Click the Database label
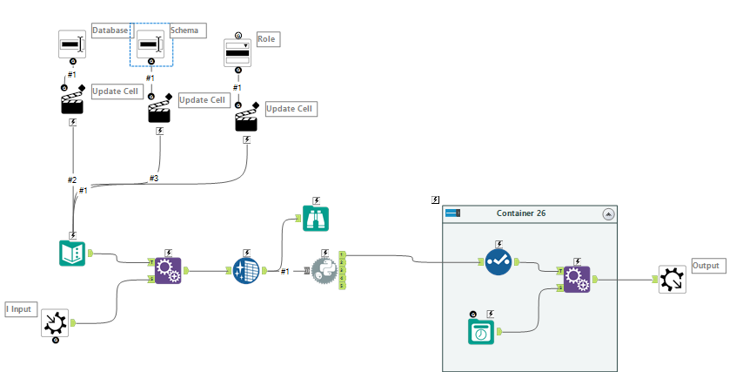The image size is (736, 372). coord(110,30)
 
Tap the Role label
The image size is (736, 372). coord(267,40)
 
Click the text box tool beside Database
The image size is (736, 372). coord(72,44)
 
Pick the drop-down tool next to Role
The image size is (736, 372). coord(238,52)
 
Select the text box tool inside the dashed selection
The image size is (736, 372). coord(151,44)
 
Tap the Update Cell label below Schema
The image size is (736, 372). coord(203,100)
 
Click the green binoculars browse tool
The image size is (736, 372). coord(315,218)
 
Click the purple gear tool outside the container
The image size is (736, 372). coord(168,271)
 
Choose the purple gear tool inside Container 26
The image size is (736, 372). coord(576,279)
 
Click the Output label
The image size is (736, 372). coord(706,264)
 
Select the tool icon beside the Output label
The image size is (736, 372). coord(672,280)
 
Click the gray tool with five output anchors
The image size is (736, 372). coord(325,271)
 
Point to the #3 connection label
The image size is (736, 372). coord(153,179)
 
